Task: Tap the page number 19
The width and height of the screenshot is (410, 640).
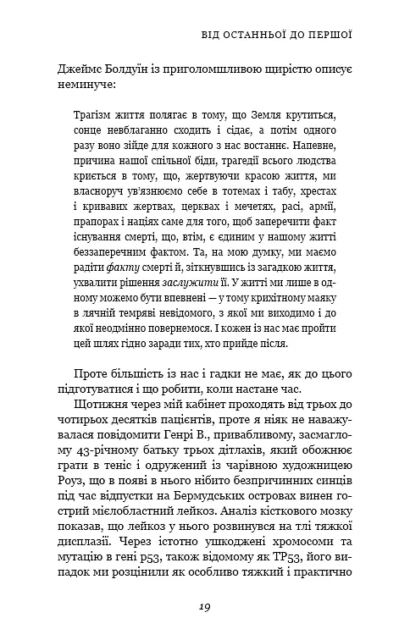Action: (x=205, y=606)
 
